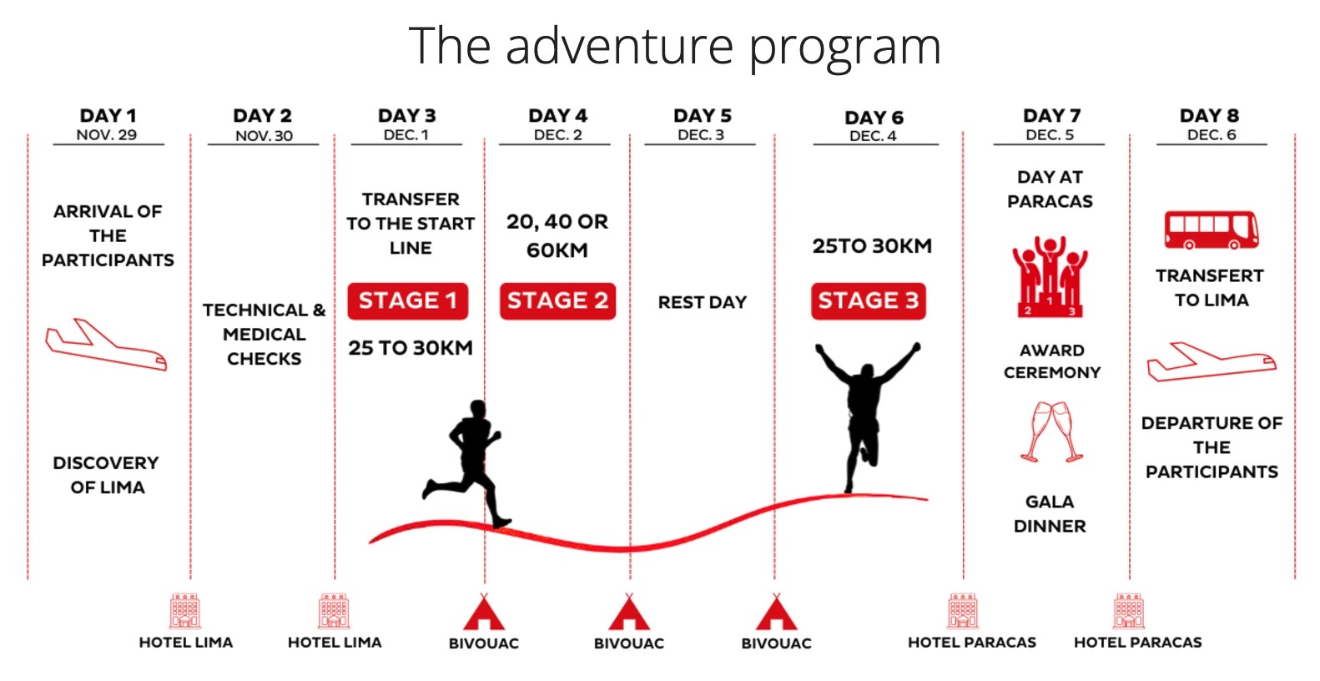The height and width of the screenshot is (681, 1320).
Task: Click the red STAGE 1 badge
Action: pyautogui.click(x=408, y=301)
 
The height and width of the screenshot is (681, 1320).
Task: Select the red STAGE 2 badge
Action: pyautogui.click(x=557, y=301)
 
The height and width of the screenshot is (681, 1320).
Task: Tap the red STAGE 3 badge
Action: pyautogui.click(x=869, y=301)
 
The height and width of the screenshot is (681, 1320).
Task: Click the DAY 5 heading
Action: pyautogui.click(x=703, y=115)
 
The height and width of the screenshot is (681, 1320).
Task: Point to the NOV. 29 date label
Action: pyautogui.click(x=107, y=135)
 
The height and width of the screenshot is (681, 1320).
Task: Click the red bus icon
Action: pyautogui.click(x=1212, y=230)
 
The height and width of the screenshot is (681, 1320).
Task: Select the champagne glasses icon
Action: pyautogui.click(x=1052, y=431)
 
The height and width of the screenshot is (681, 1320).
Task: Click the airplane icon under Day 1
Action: pyautogui.click(x=106, y=345)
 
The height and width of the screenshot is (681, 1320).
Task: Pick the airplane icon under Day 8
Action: pyautogui.click(x=1212, y=361)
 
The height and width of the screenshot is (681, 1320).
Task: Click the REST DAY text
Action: pyautogui.click(x=703, y=302)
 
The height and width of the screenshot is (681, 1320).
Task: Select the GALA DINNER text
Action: pyautogui.click(x=1050, y=513)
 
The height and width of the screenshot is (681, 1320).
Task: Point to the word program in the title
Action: pyautogui.click(x=845, y=48)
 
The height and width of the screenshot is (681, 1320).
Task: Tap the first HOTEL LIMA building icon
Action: pyautogui.click(x=185, y=612)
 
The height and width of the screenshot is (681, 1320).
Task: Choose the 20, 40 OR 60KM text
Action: pyautogui.click(x=557, y=236)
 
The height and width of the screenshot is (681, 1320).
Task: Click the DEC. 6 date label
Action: pyautogui.click(x=1212, y=135)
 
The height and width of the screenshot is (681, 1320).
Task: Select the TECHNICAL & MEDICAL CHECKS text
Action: pyautogui.click(x=264, y=335)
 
